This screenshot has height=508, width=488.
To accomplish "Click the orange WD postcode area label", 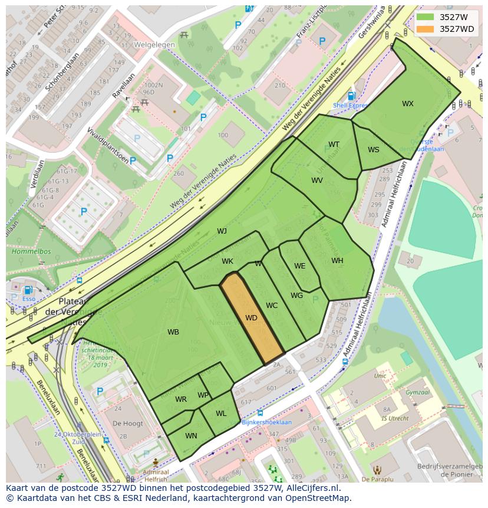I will coord(251,318).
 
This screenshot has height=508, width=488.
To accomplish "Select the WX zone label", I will coord(407,104).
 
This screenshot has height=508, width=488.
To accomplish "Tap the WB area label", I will coord(173,332).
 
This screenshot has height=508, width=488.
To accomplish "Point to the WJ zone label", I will coord(222,231).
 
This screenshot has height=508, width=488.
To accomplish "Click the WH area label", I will coord(337,261).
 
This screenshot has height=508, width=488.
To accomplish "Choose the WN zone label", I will coord(191,436).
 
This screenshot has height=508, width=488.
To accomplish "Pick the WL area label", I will coord(221,414).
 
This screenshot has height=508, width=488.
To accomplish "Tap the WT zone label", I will coord(334,145).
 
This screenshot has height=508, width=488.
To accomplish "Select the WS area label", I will coord(374,150).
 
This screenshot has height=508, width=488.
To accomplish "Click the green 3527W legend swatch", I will coord(425,17).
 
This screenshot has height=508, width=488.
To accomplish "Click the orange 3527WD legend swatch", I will coord(425,29).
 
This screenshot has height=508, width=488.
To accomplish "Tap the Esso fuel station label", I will coord(28,299).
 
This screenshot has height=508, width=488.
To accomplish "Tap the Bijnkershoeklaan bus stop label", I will coord(266,422).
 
